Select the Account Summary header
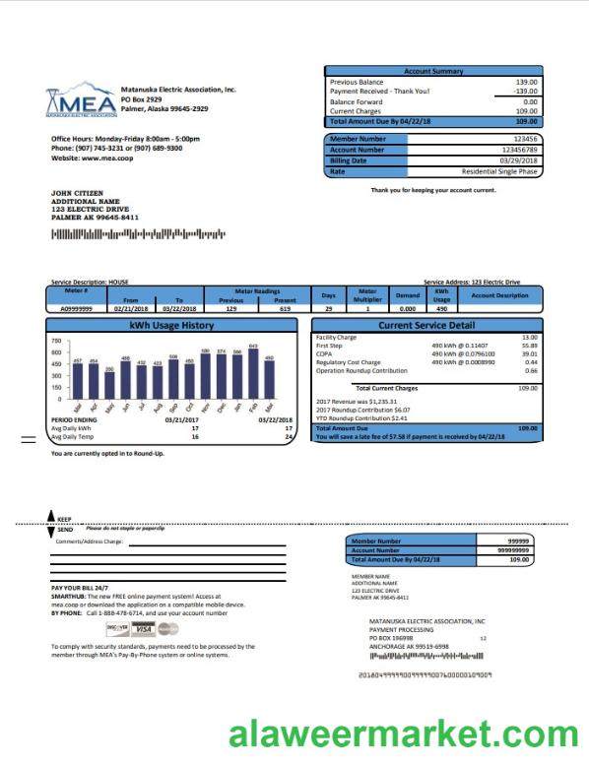[x=433, y=71]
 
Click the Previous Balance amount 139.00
[x=526, y=82]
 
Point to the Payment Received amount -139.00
[x=524, y=92]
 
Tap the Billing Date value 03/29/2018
[x=518, y=160]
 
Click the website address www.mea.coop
[x=105, y=158]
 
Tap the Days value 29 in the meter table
[x=328, y=309]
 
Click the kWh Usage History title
[x=170, y=325]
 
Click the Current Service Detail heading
[x=425, y=325]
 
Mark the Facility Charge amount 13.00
[x=529, y=338]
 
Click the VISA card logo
[x=143, y=629]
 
